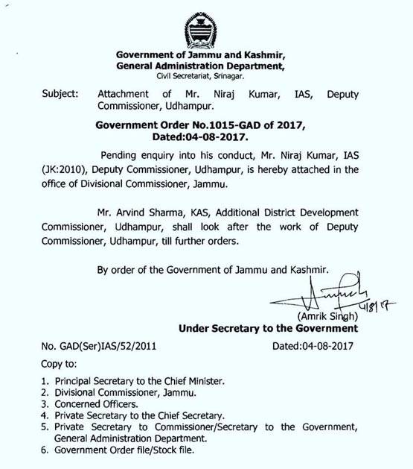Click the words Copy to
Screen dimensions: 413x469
point(57,363)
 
